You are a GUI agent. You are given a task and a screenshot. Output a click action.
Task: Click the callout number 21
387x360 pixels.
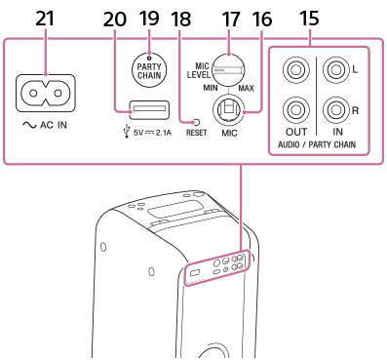pyautogui.click(x=45, y=19)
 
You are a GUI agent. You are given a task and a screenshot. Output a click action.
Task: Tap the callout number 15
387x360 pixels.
pyautogui.click(x=309, y=19)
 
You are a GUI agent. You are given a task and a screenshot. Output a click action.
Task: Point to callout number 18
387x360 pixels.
pyautogui.click(x=181, y=19)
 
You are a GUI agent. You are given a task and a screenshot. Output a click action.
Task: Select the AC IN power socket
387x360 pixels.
pyautogui.click(x=46, y=94)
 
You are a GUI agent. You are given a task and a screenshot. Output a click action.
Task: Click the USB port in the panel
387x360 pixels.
pyautogui.click(x=149, y=110)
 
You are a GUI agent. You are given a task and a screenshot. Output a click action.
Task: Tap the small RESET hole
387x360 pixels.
pyautogui.click(x=196, y=123)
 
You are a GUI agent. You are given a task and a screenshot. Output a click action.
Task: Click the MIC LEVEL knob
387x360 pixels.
pyautogui.click(x=228, y=70)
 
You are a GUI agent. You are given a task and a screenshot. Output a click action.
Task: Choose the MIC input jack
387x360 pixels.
pyautogui.click(x=228, y=111)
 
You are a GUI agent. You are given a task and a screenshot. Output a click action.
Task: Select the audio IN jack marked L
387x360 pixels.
pyautogui.click(x=335, y=70)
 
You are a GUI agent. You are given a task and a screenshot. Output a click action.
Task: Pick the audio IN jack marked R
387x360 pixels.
pyautogui.click(x=335, y=110)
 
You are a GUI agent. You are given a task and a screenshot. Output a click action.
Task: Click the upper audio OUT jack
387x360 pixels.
pyautogui.click(x=295, y=70)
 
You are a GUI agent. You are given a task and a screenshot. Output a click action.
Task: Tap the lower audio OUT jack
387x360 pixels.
pyautogui.click(x=295, y=110)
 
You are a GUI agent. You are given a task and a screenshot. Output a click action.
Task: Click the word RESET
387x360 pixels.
pyautogui.click(x=196, y=133)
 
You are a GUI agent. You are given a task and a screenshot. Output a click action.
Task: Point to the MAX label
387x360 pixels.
pyautogui.click(x=247, y=88)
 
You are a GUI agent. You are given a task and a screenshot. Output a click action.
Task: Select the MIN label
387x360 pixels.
pyautogui.click(x=211, y=88)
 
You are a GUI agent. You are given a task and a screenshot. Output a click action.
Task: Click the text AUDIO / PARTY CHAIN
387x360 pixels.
pyautogui.click(x=317, y=144)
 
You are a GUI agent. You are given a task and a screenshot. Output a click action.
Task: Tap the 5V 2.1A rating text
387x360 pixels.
pyautogui.click(x=152, y=133)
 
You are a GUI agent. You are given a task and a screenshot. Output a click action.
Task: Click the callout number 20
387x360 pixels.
pyautogui.click(x=115, y=20)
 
